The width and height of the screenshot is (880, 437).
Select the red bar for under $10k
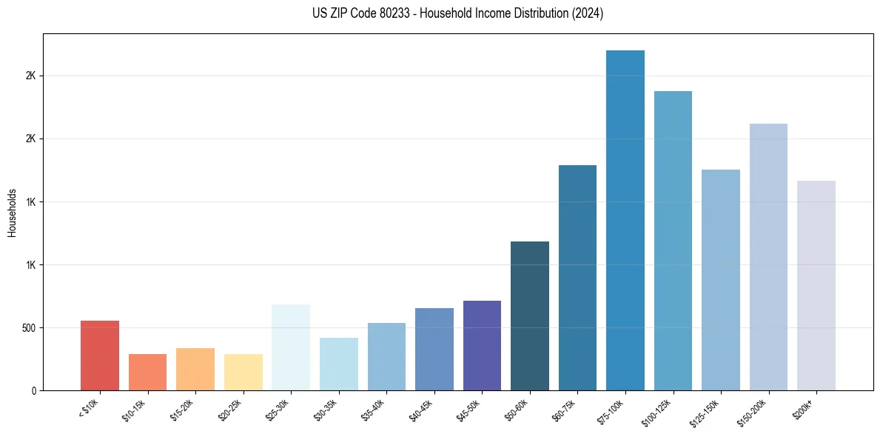click(x=100, y=356)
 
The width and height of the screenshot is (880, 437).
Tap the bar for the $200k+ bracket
click(x=816, y=286)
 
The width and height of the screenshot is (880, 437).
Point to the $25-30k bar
click(x=291, y=347)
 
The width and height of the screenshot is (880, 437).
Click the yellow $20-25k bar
click(x=243, y=373)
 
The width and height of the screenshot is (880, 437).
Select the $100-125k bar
click(x=673, y=241)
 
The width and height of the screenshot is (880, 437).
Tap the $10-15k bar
click(x=147, y=373)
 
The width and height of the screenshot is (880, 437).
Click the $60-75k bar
click(x=577, y=278)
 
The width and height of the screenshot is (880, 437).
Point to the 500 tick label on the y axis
click(x=27, y=328)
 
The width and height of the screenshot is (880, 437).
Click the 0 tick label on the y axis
click(x=33, y=391)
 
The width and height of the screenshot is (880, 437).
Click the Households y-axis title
click(x=13, y=212)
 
